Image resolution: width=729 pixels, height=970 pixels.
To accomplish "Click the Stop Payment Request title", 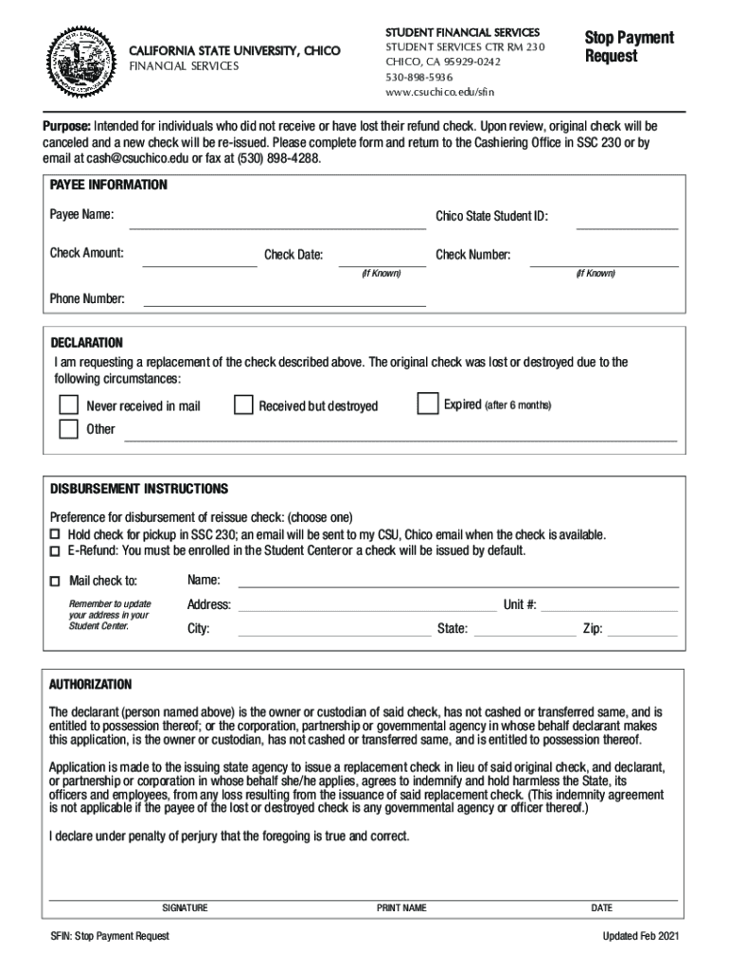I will click(x=629, y=46).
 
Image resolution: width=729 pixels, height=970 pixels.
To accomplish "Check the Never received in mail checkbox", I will click(x=69, y=405).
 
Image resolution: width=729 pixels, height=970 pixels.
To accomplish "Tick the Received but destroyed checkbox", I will click(x=243, y=405).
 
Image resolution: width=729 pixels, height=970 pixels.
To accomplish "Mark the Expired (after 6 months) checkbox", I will click(x=428, y=404).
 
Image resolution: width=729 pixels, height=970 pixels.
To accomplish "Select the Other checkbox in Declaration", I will click(x=69, y=429).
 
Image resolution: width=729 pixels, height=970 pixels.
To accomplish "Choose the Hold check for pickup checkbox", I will click(x=54, y=535).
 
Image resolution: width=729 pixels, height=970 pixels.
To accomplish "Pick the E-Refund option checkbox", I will click(x=54, y=551).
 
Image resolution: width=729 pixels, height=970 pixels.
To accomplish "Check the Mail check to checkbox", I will click(x=55, y=581).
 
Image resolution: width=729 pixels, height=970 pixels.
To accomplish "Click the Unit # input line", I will click(x=609, y=610).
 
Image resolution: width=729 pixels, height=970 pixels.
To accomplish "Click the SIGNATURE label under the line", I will click(x=185, y=907).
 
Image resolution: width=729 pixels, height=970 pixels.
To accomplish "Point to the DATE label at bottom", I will click(x=601, y=907).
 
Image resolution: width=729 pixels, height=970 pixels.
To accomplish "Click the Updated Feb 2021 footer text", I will click(x=640, y=937).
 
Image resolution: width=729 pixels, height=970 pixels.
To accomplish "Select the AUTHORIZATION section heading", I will click(x=91, y=684).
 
